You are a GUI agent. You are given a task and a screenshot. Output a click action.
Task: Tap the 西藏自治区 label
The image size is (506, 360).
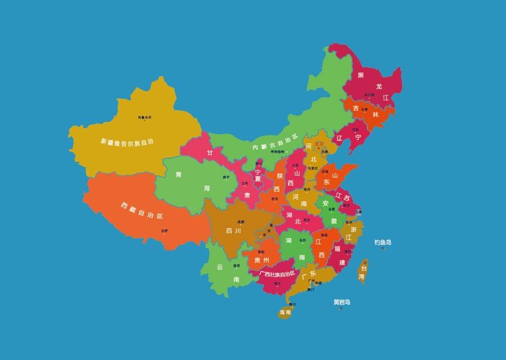(x=141, y=210)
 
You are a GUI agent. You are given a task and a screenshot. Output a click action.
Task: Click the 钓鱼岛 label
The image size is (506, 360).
(x=383, y=242)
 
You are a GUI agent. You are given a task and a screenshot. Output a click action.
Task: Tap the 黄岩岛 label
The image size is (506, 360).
(x=341, y=302)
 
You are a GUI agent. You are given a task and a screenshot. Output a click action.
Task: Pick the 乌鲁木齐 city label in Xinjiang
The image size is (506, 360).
(x=144, y=117)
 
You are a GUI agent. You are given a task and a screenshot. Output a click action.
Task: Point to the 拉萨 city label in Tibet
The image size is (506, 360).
(x=164, y=231)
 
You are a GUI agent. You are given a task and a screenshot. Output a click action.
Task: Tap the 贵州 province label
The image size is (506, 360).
(x=261, y=260)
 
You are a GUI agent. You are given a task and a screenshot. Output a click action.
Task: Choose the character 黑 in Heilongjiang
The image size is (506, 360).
(x=361, y=75)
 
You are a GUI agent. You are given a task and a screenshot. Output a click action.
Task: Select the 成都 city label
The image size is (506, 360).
(x=241, y=222)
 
